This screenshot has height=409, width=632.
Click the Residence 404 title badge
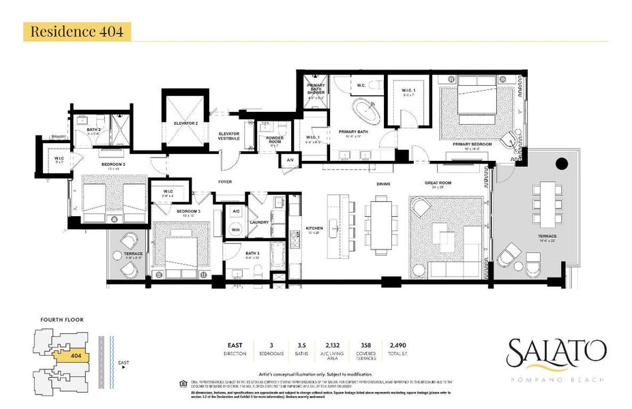tap(76, 31)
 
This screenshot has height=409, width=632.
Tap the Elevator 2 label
tap(186, 123)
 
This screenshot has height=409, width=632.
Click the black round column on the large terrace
tap(562, 164)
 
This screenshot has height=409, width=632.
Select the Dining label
tap(383, 184)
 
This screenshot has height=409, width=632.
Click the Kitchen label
tap(314, 229)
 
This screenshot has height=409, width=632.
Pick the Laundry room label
tap(260, 222)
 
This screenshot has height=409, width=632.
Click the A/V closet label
tap(289, 161)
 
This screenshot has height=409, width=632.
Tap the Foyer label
tap(225, 182)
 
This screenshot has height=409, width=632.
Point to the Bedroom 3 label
tap(188, 212)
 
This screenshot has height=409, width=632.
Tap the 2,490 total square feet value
tap(397, 346)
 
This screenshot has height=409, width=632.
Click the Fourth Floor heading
tap(61, 319)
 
